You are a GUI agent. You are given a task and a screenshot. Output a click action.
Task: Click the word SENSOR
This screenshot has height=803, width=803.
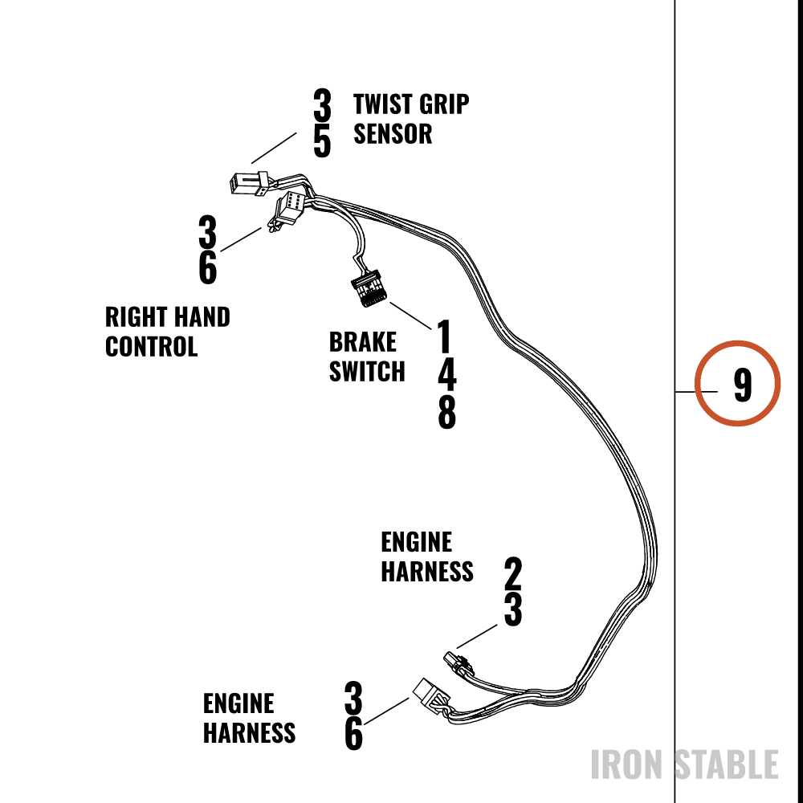point(393,134)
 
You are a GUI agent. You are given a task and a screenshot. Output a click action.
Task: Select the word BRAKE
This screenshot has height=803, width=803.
point(363,342)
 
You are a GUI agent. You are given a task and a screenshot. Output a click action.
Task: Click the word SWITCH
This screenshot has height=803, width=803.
point(367,371)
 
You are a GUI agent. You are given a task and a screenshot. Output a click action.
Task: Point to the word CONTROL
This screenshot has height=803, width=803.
point(151,347)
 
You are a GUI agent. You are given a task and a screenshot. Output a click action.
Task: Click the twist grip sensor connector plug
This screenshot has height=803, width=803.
point(249,183)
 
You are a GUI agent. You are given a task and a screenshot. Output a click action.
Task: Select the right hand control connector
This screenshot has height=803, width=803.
point(289,209)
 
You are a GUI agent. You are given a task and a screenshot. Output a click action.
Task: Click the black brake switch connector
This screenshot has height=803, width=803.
point(369,288)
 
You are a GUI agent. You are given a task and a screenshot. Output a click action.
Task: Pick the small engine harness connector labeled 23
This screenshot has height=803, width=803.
point(459,664)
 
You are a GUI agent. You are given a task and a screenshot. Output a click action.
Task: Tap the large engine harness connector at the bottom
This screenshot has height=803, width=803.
point(431,696)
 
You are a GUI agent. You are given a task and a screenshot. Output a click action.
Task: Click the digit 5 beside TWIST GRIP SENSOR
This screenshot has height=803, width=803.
point(322,141)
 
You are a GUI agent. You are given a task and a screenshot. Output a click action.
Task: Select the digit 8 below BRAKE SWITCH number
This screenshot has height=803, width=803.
point(446,412)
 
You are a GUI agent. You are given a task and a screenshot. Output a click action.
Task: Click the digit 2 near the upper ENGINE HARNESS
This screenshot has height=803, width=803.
point(512,573)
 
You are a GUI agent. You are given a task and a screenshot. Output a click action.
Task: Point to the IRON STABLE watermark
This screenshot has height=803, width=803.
point(685,764)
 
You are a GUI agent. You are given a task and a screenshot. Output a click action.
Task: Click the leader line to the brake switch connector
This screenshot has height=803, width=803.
point(410,316)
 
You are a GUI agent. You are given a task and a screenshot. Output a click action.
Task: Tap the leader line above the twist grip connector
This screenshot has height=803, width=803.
point(274,148)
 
